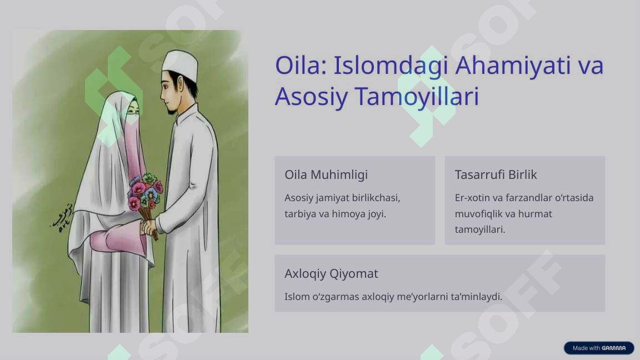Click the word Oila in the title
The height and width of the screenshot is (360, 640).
click(298, 66)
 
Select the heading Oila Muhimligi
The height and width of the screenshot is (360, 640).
click(326, 174)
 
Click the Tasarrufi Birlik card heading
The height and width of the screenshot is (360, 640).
click(496, 174)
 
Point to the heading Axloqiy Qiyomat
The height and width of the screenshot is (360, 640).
click(331, 273)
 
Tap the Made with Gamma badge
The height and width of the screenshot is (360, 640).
click(599, 348)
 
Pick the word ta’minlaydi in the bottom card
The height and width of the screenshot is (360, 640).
click(476, 297)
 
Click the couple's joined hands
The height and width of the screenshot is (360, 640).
click(149, 227)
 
